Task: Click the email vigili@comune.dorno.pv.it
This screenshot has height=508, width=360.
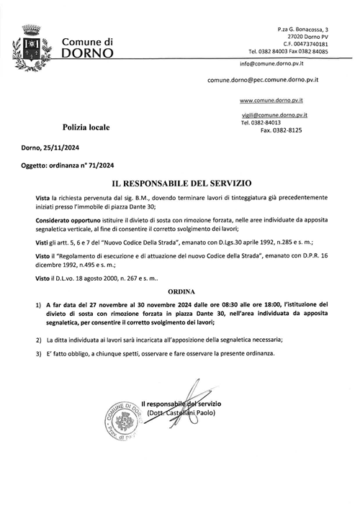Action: [x=274, y=114]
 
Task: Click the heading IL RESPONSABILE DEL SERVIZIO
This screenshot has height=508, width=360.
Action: [x=179, y=184]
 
